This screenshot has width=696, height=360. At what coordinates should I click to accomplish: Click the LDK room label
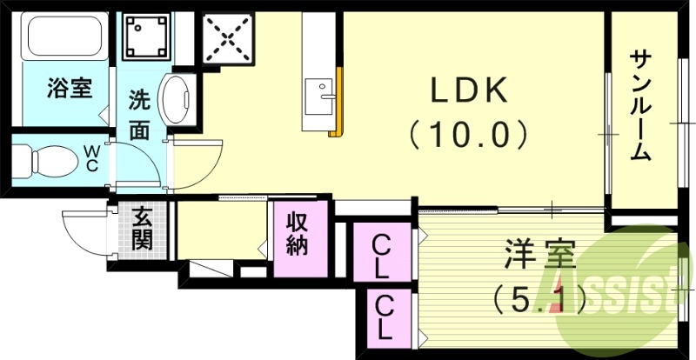tap(468, 90)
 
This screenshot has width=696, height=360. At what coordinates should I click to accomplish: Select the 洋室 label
tap(539, 258)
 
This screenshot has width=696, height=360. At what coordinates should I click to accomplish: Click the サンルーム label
tap(640, 104)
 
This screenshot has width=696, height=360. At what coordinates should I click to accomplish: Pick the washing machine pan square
tap(147, 35)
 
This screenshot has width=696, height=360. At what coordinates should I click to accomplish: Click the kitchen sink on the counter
tap(317, 90)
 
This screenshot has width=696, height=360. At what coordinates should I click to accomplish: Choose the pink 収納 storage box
tap(298, 237)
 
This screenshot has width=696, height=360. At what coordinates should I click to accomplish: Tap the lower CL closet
tap(384, 317)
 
